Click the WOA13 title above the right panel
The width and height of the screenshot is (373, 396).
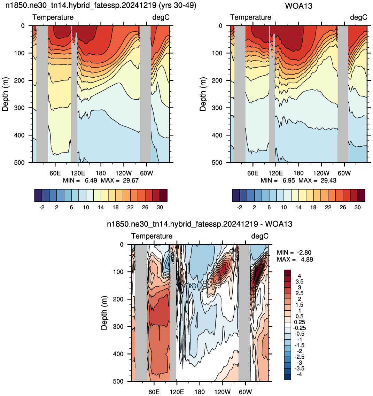pyautogui.click(x=298, y=6)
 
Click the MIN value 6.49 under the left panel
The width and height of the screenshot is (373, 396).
pyautogui.click(x=91, y=180)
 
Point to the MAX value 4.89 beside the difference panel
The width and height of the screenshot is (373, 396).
pyautogui.click(x=307, y=259)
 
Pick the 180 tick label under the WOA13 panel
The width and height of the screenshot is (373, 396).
pyautogui.click(x=298, y=173)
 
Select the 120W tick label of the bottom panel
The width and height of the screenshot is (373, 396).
pyautogui.click(x=223, y=392)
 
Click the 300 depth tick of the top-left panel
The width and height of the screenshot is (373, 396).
pyautogui.click(x=20, y=108)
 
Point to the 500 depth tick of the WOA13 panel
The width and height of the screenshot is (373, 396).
pyautogui.click(x=217, y=163)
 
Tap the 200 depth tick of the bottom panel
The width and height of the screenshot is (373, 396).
pyautogui.click(x=118, y=299)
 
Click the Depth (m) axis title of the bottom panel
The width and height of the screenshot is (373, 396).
pyautogui.click(x=104, y=313)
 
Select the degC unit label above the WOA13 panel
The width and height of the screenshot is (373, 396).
pyautogui.click(x=359, y=17)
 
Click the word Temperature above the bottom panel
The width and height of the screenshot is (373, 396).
pyautogui.click(x=152, y=236)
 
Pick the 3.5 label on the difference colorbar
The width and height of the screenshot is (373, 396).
pyautogui.click(x=300, y=282)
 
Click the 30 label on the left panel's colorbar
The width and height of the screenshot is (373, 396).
pyautogui.click(x=160, y=207)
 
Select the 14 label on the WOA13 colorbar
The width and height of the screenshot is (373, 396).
pyautogui.click(x=298, y=207)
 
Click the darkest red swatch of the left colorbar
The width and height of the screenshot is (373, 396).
pyautogui.click(x=164, y=195)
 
